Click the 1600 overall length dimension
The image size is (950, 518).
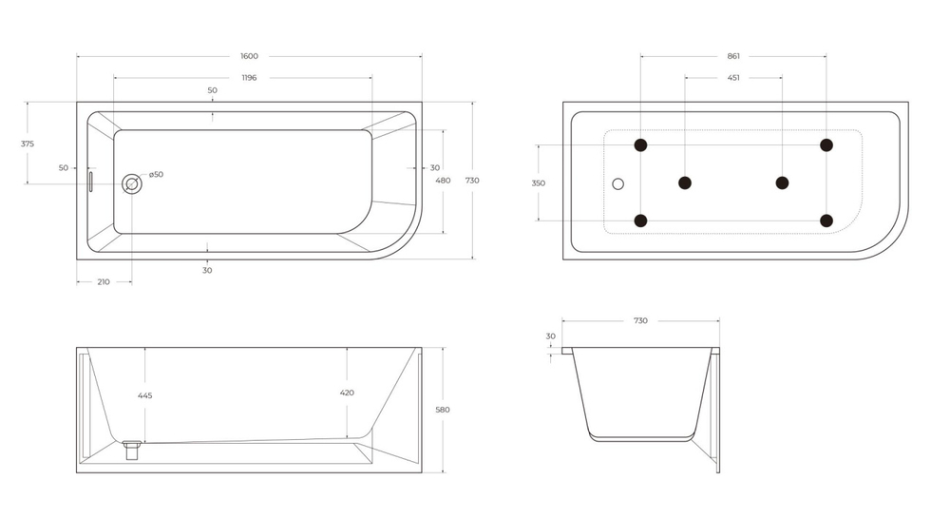tap(249, 56)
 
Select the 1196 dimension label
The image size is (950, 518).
tap(249, 78)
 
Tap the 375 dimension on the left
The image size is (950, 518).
tap(28, 144)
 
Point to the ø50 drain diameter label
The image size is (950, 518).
tap(156, 174)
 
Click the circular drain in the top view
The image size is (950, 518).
tap(132, 183)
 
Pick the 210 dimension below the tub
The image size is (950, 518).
tap(104, 282)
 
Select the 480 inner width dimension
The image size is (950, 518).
tap(443, 180)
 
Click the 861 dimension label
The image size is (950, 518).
tap(733, 56)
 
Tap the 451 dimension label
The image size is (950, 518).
tap(733, 78)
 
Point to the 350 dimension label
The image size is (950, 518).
tap(539, 182)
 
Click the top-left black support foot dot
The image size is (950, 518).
tap(640, 144)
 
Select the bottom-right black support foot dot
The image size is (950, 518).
tap(826, 221)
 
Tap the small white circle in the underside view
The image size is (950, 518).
tap(618, 182)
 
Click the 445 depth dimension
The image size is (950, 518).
tap(144, 395)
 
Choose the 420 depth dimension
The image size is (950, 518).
tap(347, 392)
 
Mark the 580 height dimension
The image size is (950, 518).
tap(442, 410)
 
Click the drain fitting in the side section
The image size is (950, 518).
tap(132, 448)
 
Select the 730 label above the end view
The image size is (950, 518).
tap(640, 320)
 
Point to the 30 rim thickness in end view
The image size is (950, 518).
tap(551, 336)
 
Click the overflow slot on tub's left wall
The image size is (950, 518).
tap(91, 182)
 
